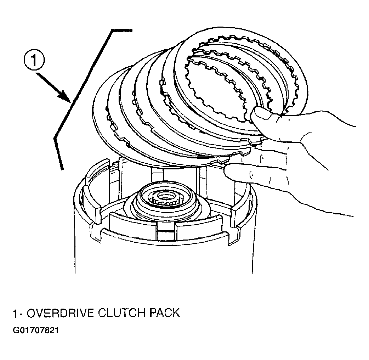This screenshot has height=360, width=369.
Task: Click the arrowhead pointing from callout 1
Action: [x=65, y=96]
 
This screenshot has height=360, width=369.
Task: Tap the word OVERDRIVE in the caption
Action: [x=61, y=313]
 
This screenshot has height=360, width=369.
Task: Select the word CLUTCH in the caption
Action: [x=121, y=313]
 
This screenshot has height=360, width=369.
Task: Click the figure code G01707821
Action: [x=35, y=331]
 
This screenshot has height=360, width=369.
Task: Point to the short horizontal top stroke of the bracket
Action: [x=122, y=30]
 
